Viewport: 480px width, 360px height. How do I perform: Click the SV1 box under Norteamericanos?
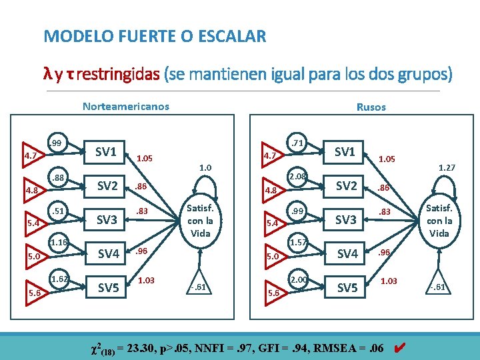coord(106,151)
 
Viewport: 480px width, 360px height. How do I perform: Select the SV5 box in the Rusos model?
coord(347,287)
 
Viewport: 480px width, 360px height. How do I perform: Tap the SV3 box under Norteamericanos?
coord(107,219)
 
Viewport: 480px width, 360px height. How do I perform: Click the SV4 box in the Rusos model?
coord(347,253)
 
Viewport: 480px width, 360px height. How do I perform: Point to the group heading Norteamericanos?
coord(125,106)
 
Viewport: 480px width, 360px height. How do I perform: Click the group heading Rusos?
coord(371,107)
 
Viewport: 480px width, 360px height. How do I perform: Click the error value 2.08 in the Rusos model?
coord(297,176)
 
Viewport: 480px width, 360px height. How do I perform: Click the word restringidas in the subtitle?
coord(118,74)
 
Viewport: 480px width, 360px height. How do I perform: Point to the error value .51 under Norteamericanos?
coord(57,211)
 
